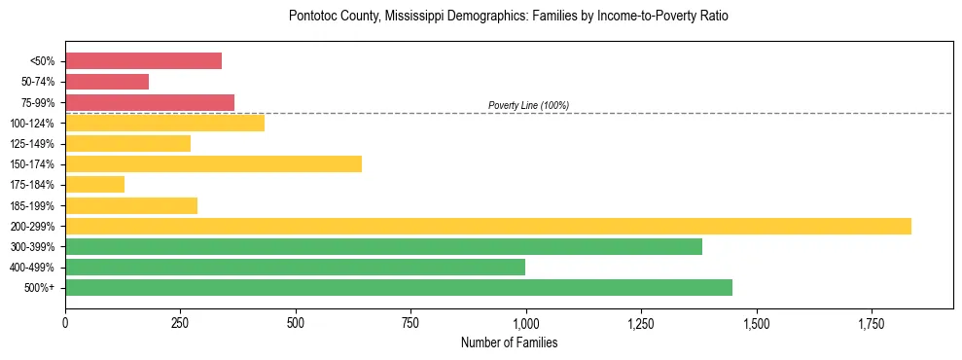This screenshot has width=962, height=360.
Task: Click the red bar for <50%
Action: point(143,61)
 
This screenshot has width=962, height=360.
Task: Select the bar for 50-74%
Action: point(107,82)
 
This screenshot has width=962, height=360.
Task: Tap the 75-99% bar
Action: point(150,102)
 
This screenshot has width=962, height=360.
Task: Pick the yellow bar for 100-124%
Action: point(164,123)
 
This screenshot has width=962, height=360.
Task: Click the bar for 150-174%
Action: point(213,164)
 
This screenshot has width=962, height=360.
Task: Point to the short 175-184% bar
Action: point(94,185)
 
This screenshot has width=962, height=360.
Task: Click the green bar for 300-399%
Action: point(383,247)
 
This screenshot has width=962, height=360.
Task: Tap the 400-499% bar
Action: point(295,268)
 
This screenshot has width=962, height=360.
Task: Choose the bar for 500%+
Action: point(399,288)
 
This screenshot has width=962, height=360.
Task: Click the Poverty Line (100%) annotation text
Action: point(528,105)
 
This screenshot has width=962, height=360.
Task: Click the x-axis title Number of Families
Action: point(509,343)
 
